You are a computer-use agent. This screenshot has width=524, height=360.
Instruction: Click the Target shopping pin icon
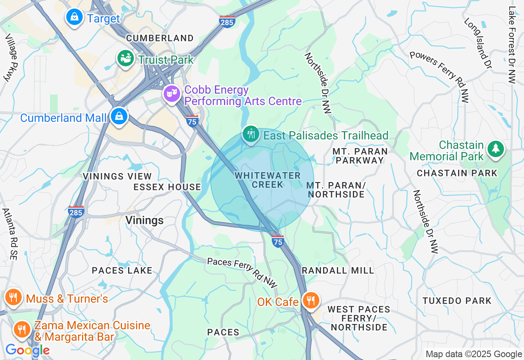[75, 17]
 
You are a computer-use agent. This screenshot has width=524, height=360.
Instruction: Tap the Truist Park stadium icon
[126, 59]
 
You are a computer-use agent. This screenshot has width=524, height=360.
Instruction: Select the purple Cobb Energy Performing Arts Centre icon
[172, 93]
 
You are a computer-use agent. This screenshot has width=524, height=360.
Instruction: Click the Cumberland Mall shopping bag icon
[119, 116]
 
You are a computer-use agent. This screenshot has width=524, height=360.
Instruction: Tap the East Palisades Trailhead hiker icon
[250, 134]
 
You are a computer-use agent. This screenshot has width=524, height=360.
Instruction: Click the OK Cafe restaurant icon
[311, 301]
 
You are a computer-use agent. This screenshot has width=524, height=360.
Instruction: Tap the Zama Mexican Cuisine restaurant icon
[21, 329]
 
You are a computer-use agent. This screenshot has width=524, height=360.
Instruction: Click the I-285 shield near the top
[227, 22]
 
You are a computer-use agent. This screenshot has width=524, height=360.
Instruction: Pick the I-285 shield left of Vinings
[76, 211]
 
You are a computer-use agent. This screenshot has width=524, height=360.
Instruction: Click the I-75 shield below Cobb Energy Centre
[192, 121]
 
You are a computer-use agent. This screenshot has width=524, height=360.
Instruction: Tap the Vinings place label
[145, 220]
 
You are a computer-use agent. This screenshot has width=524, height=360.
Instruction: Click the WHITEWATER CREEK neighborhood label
[268, 180]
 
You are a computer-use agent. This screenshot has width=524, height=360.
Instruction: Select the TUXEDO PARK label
[457, 301]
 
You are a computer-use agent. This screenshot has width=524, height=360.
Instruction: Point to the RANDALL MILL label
[338, 270]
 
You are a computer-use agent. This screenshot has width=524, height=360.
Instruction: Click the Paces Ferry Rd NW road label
[242, 272]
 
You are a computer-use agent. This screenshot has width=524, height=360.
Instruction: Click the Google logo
[27, 350]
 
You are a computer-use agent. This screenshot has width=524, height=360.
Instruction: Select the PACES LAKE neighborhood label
[122, 270]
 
